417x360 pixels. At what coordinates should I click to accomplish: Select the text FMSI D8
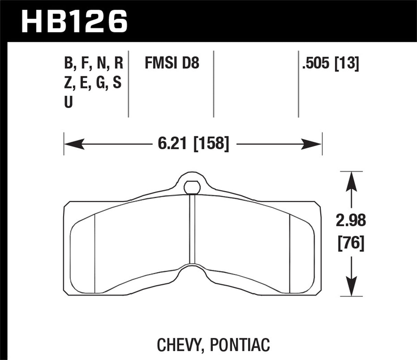(x=172, y=64)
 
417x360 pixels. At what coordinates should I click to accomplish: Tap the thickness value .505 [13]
(x=330, y=64)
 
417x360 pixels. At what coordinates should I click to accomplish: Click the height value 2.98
(x=351, y=221)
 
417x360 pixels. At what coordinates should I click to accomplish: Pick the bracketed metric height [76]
(x=351, y=243)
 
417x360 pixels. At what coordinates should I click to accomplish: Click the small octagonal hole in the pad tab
(x=192, y=187)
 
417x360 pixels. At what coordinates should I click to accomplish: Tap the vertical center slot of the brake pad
(x=192, y=230)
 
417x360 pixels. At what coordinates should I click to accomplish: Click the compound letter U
(x=68, y=102)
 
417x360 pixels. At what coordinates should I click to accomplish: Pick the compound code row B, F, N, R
(x=93, y=64)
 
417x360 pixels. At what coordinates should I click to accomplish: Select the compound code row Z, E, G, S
(x=93, y=83)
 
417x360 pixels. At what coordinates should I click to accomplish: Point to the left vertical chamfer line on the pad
(x=94, y=254)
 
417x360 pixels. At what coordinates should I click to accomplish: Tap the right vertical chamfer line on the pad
(x=290, y=254)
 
